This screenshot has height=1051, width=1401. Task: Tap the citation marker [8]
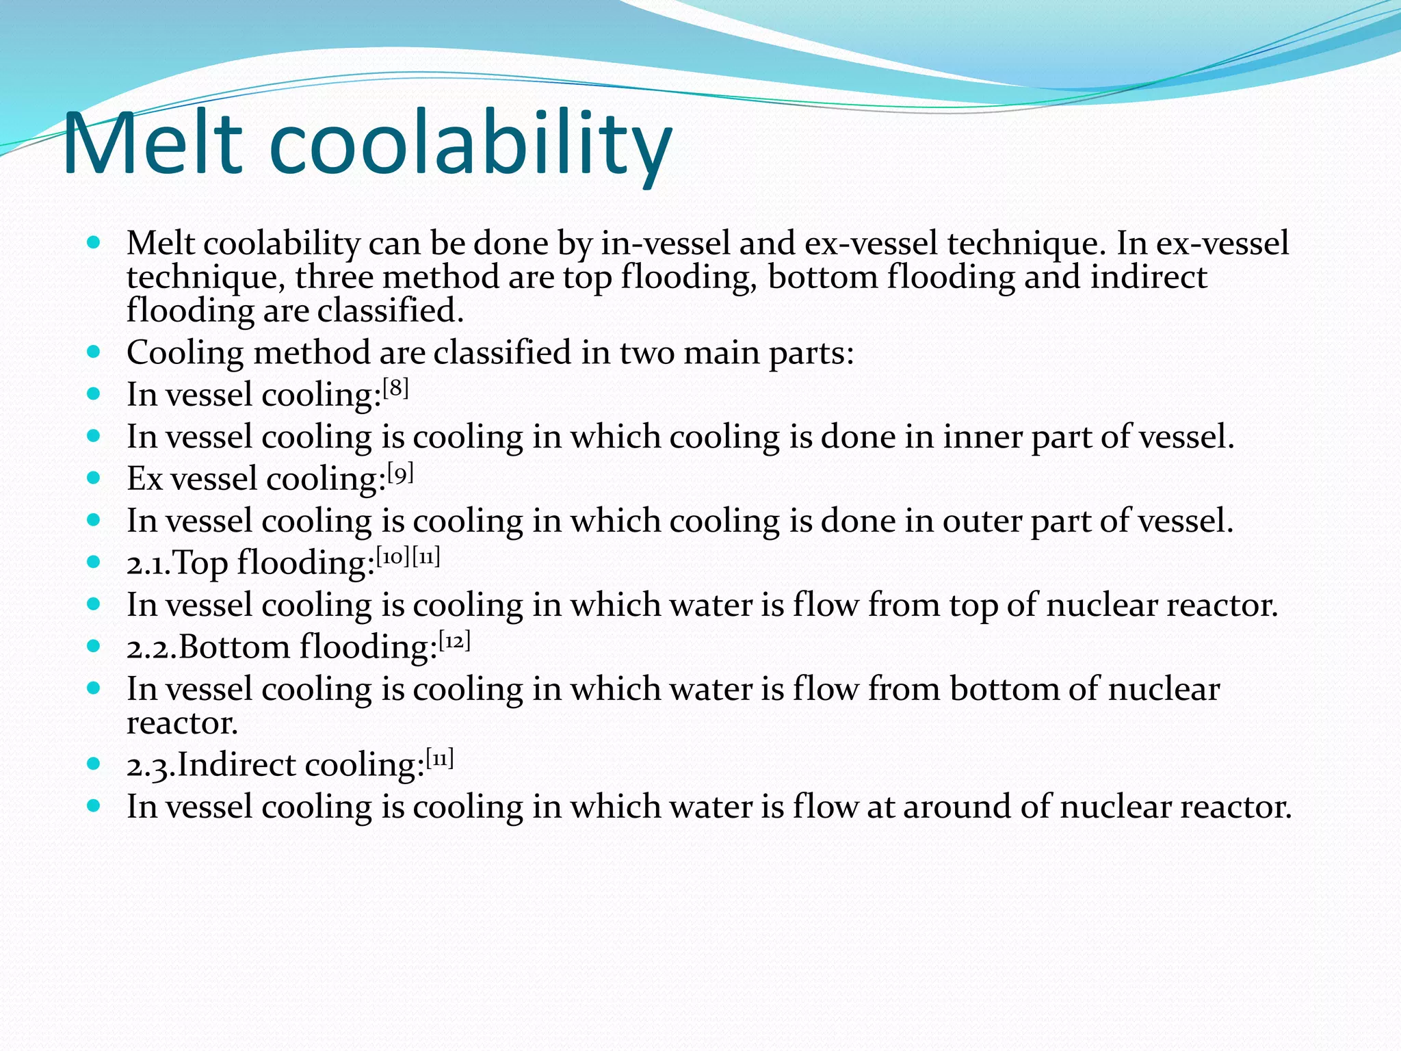(x=395, y=389)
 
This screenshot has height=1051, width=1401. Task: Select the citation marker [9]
(x=400, y=473)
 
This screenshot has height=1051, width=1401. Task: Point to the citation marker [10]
(x=393, y=557)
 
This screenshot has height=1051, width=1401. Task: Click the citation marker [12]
(x=454, y=641)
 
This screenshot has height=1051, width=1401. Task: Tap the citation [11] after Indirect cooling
(x=440, y=759)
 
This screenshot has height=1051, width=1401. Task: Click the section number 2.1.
(x=148, y=564)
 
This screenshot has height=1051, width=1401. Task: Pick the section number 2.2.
(x=151, y=648)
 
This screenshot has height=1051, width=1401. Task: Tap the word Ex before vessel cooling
(x=144, y=479)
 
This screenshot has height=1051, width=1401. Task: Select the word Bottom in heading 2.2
(x=235, y=647)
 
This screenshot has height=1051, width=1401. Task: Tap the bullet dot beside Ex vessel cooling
(x=94, y=478)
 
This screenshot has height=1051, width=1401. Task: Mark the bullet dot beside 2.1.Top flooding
(x=94, y=562)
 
